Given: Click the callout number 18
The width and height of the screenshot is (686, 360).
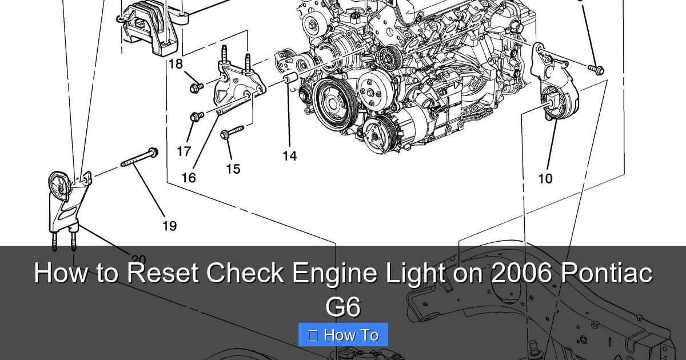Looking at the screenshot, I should (x=176, y=64).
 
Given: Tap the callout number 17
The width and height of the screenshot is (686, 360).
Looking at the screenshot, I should (x=184, y=151).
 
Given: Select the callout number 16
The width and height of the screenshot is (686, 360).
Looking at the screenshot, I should (x=189, y=178).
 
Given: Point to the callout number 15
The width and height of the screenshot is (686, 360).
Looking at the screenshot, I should (x=233, y=169).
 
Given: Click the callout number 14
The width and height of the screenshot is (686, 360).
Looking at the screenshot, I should (x=290, y=155).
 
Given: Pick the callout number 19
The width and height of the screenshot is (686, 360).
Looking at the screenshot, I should (x=169, y=226).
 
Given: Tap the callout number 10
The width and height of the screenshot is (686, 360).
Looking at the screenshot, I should (x=545, y=178).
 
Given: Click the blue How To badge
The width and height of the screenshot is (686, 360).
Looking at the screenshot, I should (x=343, y=335).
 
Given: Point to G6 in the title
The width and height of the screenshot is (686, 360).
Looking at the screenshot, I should (x=343, y=306).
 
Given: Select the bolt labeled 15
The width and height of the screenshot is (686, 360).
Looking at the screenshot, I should (x=232, y=133).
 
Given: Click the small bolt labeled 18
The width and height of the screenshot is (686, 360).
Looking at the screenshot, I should (x=196, y=87).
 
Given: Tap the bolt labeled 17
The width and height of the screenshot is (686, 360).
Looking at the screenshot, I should (x=198, y=117).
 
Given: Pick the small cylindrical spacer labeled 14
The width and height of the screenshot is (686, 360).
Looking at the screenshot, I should (x=289, y=78).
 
